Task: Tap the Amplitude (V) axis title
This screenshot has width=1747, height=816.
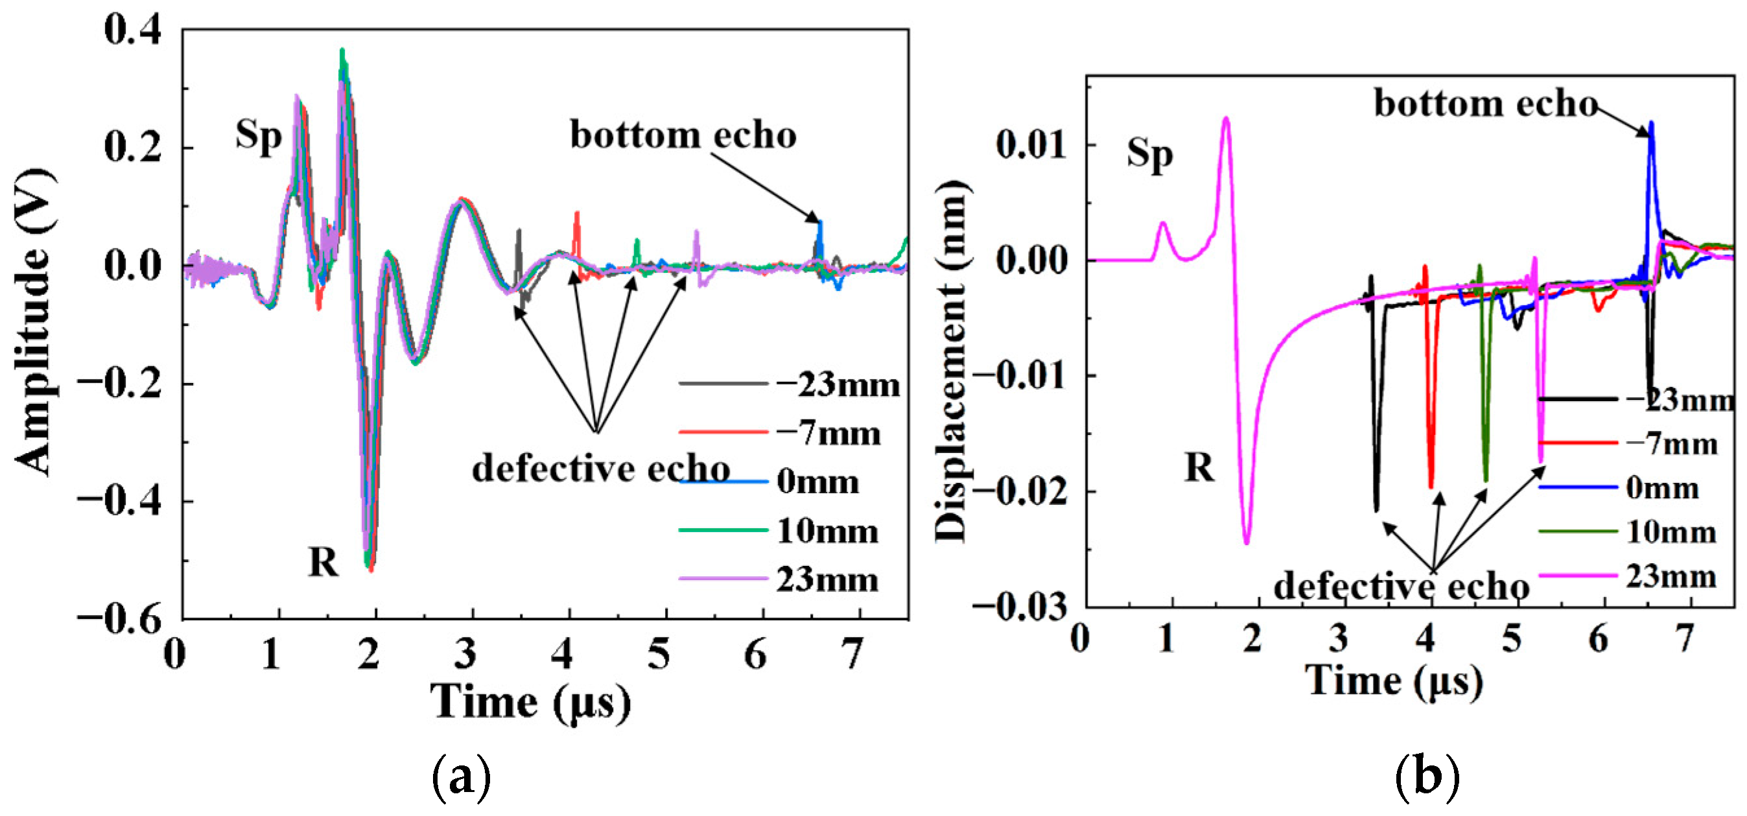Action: [x=34, y=323]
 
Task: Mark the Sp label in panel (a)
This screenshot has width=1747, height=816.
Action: [x=259, y=135]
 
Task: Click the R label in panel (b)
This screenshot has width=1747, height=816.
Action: [x=1199, y=467]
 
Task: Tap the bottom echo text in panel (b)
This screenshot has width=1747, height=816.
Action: [x=1485, y=104]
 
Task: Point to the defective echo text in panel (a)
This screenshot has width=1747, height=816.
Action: [x=601, y=469]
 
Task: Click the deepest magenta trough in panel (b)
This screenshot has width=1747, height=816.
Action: [x=1247, y=542]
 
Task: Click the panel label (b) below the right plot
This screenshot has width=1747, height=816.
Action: [x=1427, y=776]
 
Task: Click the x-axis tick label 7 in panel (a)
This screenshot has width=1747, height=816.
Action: [x=852, y=654]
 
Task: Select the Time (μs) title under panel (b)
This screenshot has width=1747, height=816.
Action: [x=1394, y=681]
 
